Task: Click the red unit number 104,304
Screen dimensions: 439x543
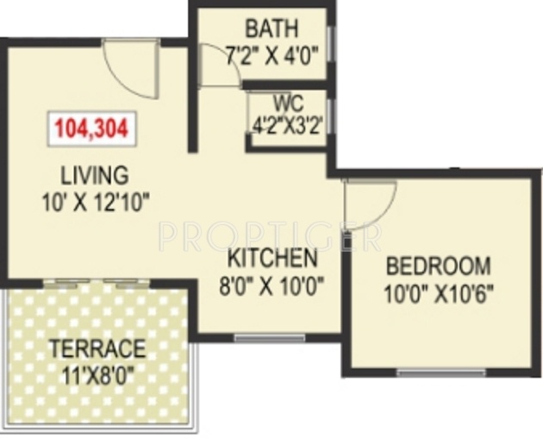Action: [91, 129]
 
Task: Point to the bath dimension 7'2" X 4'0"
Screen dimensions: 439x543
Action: [271, 56]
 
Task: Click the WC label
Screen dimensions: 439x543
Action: [278, 103]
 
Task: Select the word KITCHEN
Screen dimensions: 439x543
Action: [271, 258]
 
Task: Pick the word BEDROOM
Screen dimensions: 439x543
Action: [438, 265]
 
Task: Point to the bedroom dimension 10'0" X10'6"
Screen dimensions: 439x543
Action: [439, 292]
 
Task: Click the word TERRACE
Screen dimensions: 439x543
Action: [97, 349]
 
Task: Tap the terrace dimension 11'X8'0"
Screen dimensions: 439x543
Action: [97, 376]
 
